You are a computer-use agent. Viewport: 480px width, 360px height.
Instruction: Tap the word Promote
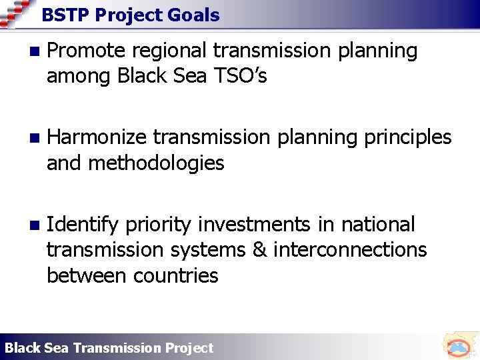[86, 51]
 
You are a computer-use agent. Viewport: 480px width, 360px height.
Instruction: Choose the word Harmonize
[97, 137]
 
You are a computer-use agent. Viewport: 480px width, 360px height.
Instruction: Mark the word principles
[407, 138]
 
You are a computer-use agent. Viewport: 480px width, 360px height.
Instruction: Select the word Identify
[83, 225]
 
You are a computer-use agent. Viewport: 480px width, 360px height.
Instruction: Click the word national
[377, 224]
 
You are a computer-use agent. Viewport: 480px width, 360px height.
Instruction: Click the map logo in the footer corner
[458, 346]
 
